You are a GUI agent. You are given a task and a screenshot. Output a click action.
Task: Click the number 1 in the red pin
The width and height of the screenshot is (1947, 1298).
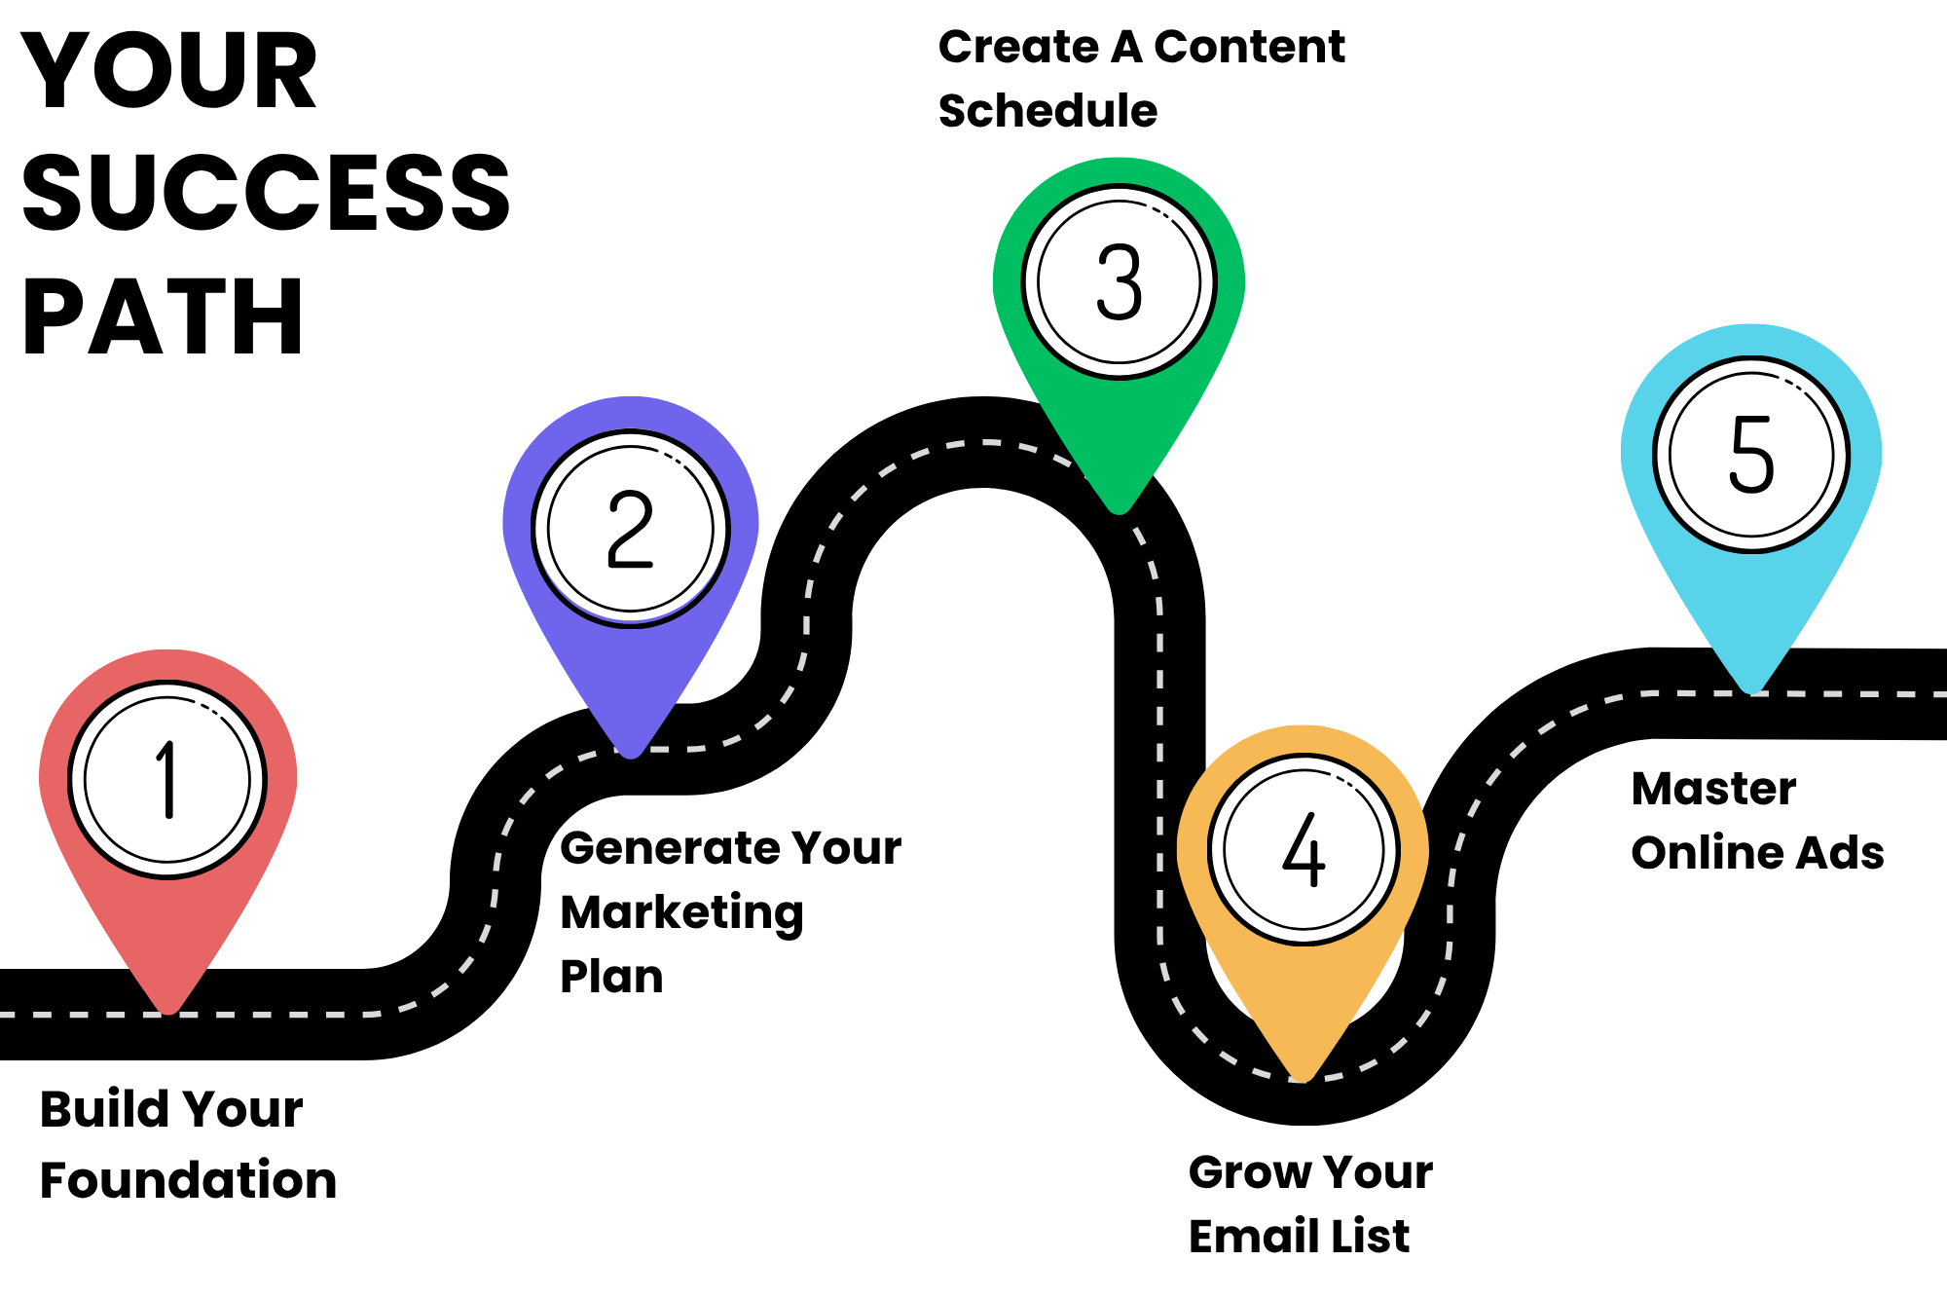[168, 779]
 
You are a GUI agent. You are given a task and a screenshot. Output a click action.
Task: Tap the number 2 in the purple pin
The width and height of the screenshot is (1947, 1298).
[630, 529]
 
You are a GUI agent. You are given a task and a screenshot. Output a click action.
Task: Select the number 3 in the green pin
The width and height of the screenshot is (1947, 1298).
[1119, 281]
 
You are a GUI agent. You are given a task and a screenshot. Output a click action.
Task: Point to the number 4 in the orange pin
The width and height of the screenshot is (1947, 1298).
[1304, 850]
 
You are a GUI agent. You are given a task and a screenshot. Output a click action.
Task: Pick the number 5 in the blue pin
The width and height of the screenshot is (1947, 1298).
[1751, 454]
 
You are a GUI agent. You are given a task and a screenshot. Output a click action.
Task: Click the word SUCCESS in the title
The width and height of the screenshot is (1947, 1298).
[266, 193]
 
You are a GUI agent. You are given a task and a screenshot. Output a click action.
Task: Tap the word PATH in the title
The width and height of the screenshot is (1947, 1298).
[163, 316]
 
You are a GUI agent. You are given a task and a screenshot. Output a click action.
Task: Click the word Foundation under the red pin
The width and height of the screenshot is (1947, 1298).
[188, 1180]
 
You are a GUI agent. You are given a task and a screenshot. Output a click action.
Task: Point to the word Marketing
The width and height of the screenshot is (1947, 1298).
[682, 913]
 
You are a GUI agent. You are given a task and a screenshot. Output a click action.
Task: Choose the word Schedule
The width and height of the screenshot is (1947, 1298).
[1047, 111]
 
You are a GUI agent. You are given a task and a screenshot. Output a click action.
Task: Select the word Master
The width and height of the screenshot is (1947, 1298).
[1713, 789]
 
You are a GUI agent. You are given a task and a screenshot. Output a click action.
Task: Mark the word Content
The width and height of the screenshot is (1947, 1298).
[1249, 47]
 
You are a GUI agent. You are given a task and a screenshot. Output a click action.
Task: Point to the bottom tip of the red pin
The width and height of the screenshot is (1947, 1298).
[168, 1011]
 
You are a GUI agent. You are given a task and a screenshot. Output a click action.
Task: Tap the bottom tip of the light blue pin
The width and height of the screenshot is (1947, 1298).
[1751, 690]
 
